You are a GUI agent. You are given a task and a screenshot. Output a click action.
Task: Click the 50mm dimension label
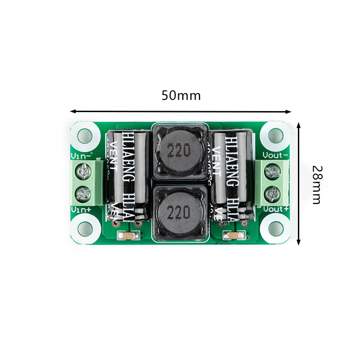(181, 96)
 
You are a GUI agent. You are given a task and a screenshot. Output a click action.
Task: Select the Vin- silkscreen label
(81, 156)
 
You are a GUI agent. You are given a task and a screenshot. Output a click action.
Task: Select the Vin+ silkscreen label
(81, 210)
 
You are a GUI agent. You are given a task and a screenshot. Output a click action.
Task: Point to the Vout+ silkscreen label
(276, 209)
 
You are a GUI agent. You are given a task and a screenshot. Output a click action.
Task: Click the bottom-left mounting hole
(85, 229)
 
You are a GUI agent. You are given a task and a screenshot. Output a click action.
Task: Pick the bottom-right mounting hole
(274, 229)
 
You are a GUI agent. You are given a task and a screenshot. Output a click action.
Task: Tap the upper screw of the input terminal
(84, 171)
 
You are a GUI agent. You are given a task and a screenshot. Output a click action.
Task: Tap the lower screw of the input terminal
(84, 194)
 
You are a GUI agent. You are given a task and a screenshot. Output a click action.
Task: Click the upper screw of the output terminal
(272, 171)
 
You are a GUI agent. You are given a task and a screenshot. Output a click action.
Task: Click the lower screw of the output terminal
(272, 194)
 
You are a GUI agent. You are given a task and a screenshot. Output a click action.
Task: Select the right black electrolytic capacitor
(230, 175)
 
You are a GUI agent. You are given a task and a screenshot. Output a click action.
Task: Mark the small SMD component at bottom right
(234, 235)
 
